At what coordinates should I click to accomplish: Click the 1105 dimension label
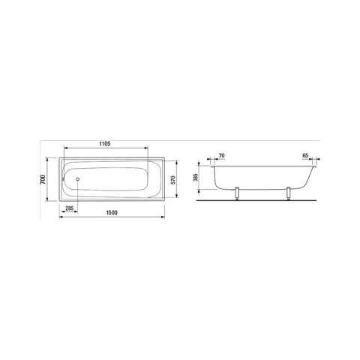pyautogui.click(x=105, y=144)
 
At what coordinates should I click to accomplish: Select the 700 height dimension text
pyautogui.click(x=43, y=179)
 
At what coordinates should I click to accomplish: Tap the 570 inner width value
pyautogui.click(x=173, y=180)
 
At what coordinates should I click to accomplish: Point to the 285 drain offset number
pyautogui.click(x=69, y=208)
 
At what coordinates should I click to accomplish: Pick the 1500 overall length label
pyautogui.click(x=112, y=213)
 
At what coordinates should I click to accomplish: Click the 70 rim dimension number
pyautogui.click(x=222, y=155)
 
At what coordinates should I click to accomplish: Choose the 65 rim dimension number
pyautogui.click(x=305, y=155)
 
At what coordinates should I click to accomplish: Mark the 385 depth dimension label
pyautogui.click(x=196, y=177)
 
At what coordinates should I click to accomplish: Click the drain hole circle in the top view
pyautogui.click(x=78, y=179)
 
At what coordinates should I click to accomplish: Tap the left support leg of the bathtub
pyautogui.click(x=237, y=193)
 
